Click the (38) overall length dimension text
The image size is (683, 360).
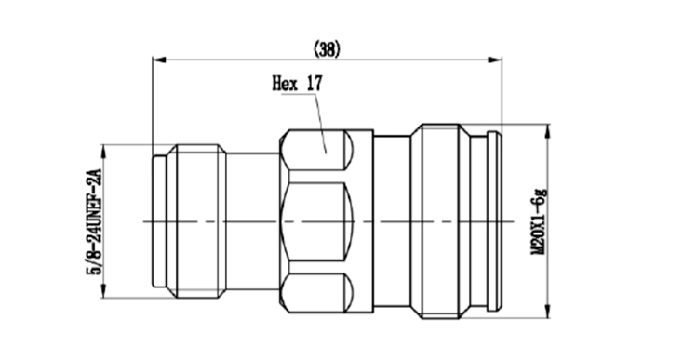coord(327,49)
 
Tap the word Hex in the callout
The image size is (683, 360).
coord(285,83)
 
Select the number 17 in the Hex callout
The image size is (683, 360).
coord(315,83)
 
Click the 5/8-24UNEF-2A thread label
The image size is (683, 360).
coord(95,221)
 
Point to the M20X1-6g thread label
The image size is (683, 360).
coord(540,221)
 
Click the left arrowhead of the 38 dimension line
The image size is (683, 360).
coord(159,60)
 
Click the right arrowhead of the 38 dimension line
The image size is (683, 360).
coord(495,60)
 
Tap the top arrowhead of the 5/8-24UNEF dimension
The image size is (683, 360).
coord(103,152)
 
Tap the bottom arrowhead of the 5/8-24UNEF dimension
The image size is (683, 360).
coord(103,291)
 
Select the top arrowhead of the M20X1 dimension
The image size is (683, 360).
coord(547,131)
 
